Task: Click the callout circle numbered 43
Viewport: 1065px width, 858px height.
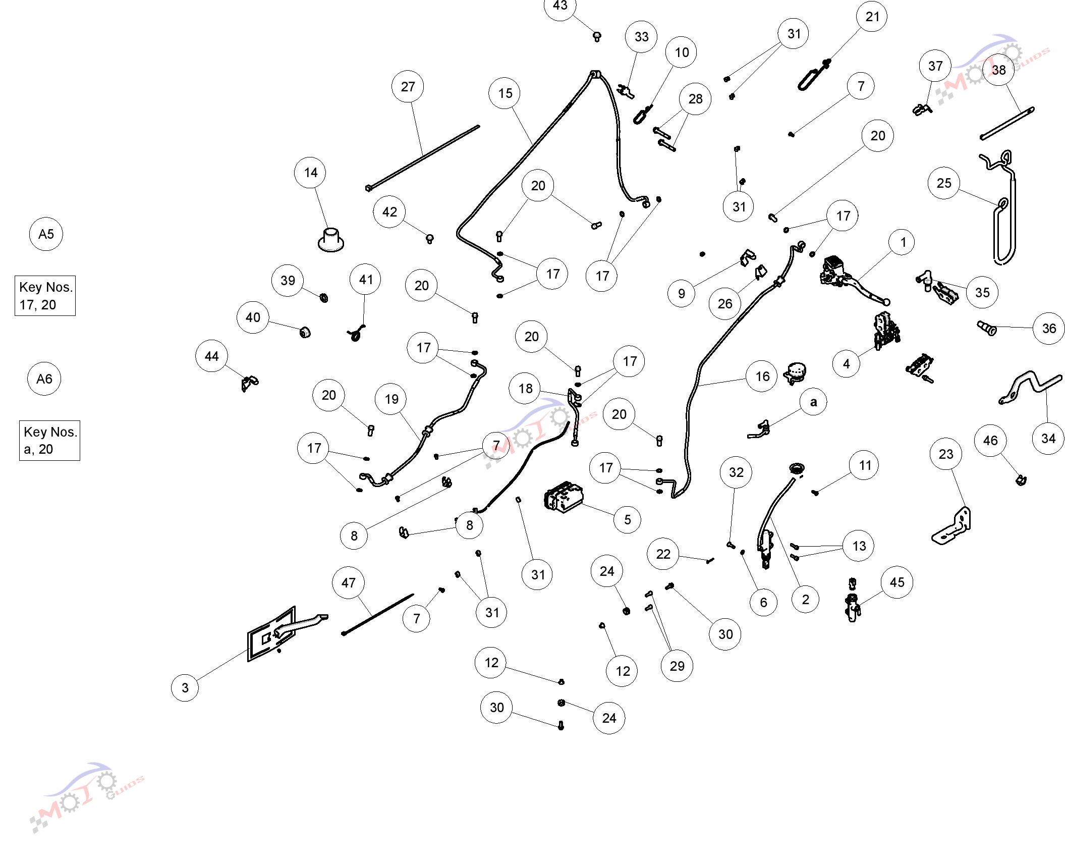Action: pos(560,6)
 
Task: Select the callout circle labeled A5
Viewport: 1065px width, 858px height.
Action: pos(46,234)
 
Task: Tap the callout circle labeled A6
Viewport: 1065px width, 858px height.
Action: pos(44,379)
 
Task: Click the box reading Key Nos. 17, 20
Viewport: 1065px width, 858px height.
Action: pos(45,296)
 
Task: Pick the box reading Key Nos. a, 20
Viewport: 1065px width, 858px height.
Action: pos(49,441)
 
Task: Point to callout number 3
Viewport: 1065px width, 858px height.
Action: pos(185,687)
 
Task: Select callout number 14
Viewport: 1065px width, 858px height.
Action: pos(310,173)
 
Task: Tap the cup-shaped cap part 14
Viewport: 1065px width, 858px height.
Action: pos(331,240)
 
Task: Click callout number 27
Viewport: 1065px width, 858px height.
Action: pos(408,87)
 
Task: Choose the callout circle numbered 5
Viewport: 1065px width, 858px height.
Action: pos(628,520)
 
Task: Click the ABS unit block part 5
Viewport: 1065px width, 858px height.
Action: pos(564,497)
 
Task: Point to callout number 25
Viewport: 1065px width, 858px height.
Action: pos(944,183)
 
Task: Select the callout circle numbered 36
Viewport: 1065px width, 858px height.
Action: pos(1049,329)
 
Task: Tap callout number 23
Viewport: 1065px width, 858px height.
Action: pos(946,454)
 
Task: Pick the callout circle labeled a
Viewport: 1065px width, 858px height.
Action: pos(813,402)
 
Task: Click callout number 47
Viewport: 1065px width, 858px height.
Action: pos(349,583)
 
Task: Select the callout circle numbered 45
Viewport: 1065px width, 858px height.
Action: pos(897,582)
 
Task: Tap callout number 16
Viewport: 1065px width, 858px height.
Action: pos(762,377)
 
